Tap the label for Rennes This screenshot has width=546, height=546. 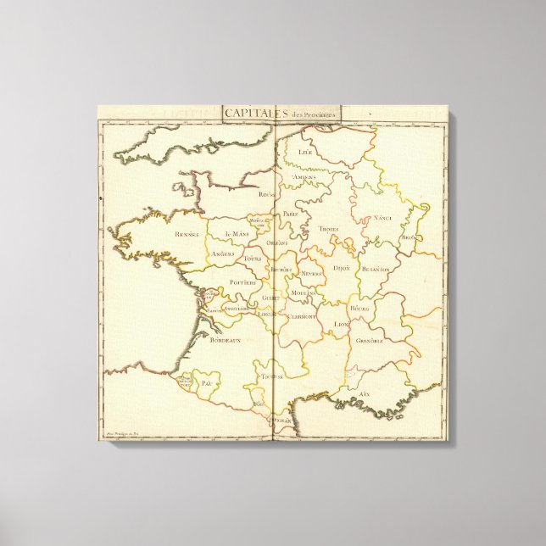pos(187,234)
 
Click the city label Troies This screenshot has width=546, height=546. pos(328,229)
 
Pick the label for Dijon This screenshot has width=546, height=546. pos(342,268)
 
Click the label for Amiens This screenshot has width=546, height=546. pos(304,177)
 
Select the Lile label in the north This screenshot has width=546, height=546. pos(306,152)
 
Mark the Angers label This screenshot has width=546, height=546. pos(222,254)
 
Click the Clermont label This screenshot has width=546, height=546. pos(302,315)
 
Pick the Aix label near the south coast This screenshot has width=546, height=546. pos(365,394)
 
